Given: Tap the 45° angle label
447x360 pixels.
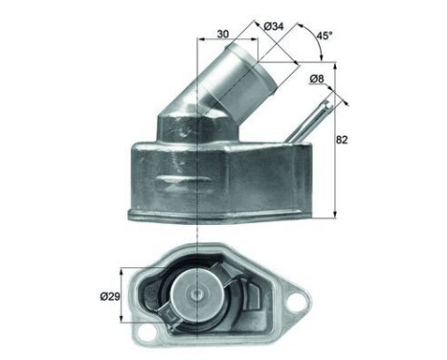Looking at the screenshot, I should point(324,35).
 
